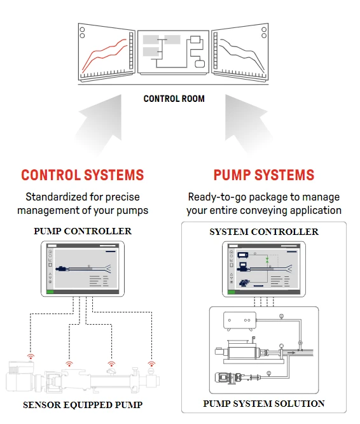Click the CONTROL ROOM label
point(174,99)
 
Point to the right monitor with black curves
point(240,52)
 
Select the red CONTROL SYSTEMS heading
point(83,175)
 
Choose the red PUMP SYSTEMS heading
point(263,175)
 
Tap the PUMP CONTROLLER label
point(83,231)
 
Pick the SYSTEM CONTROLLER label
point(263,232)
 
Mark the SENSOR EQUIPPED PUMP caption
point(83,405)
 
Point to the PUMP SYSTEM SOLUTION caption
point(263,404)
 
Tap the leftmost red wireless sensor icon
point(29,357)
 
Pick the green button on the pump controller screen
point(51,292)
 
